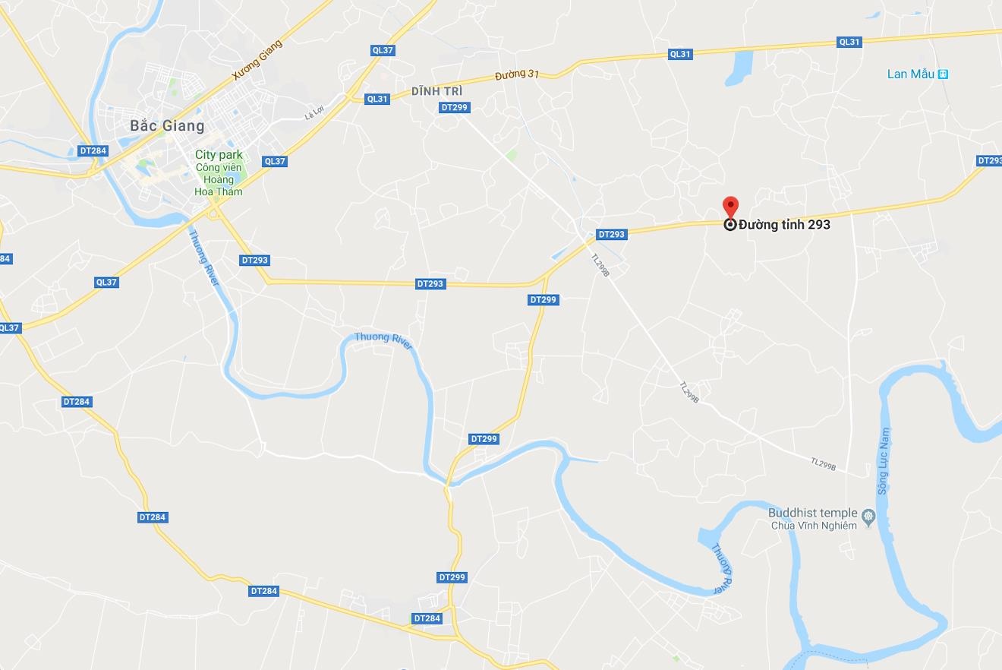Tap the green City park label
[x=219, y=155]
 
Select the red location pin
[x=730, y=207]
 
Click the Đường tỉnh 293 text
[x=784, y=225]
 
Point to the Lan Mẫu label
[x=910, y=74]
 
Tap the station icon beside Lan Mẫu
[x=943, y=74]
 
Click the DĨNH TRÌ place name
[x=437, y=91]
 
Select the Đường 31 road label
[x=516, y=76]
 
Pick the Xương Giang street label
[x=257, y=61]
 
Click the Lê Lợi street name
[x=314, y=114]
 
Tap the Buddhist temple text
[x=812, y=513]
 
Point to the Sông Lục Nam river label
[x=883, y=461]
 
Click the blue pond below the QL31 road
[x=739, y=68]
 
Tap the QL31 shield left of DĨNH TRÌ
[x=377, y=99]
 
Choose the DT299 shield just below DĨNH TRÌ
[x=454, y=107]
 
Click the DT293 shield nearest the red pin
[x=611, y=234]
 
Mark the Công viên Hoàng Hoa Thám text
[x=219, y=179]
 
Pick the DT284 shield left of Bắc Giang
[x=93, y=150]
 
